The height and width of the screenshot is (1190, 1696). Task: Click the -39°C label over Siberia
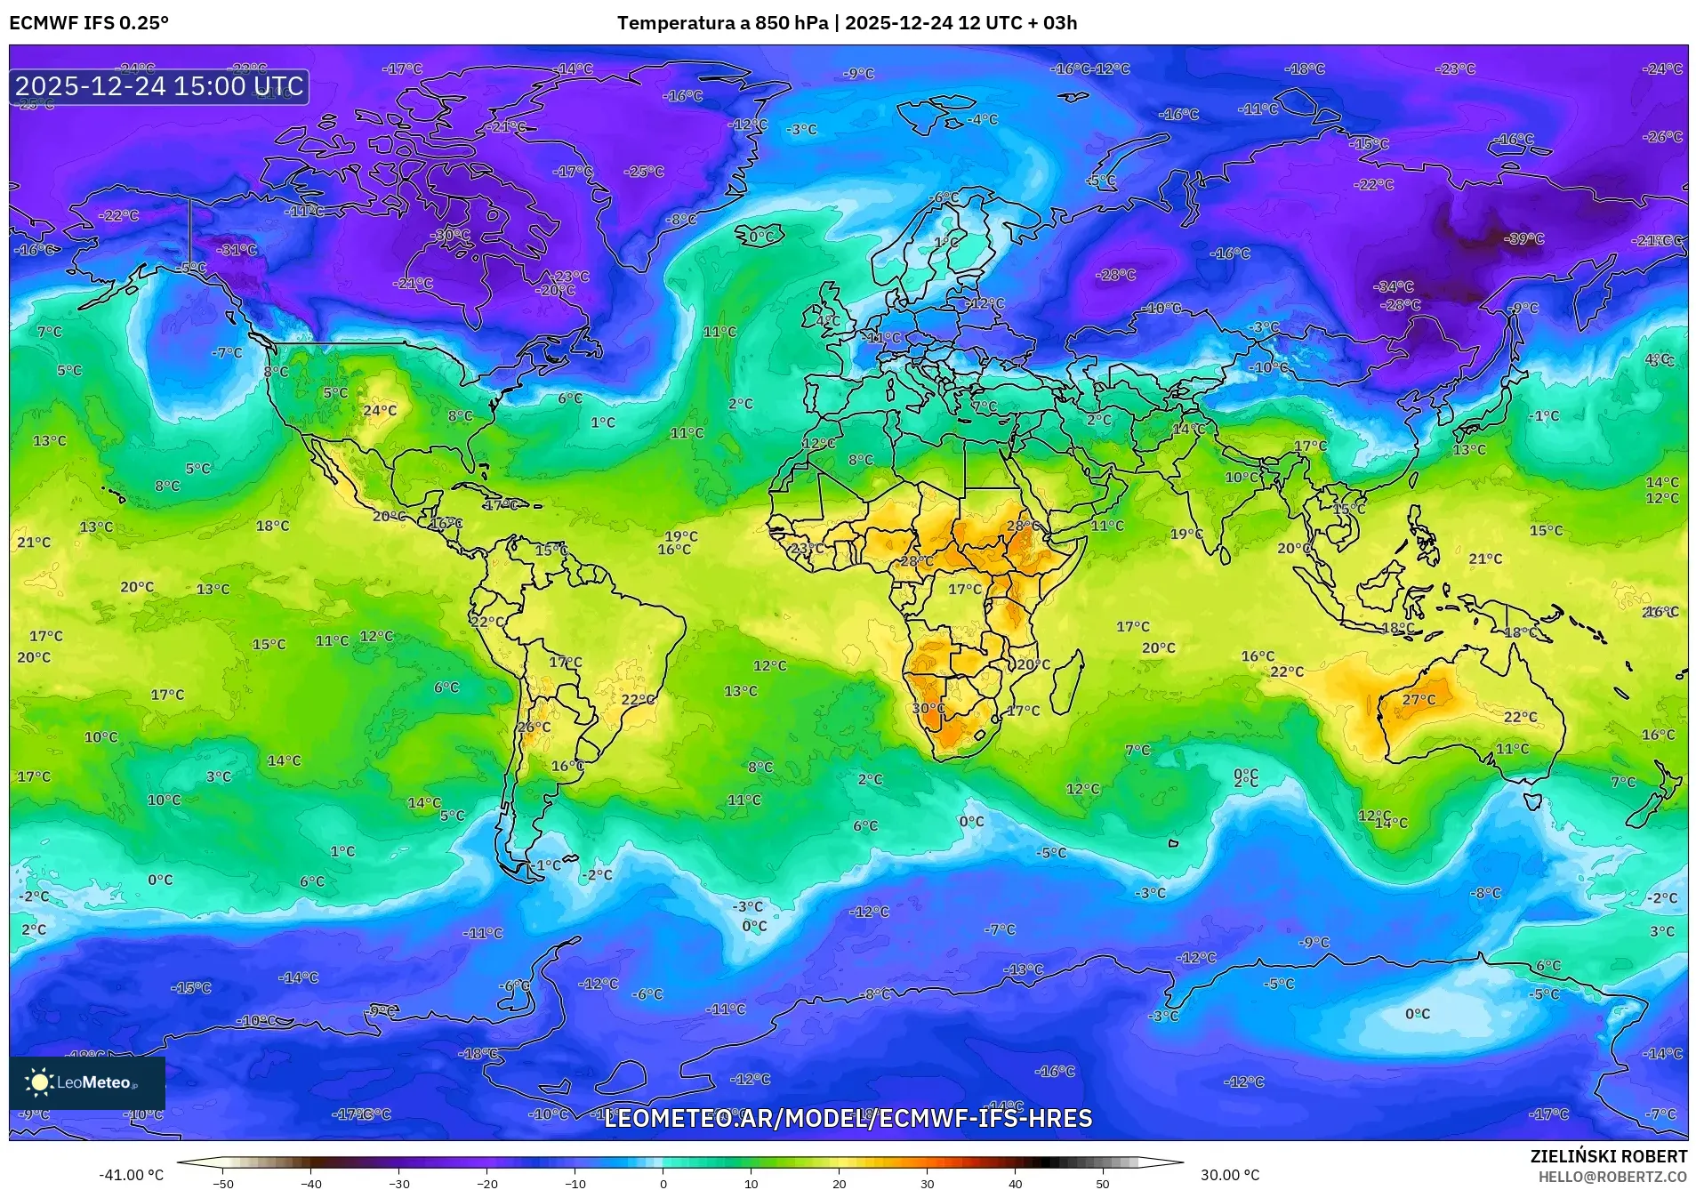pos(1523,238)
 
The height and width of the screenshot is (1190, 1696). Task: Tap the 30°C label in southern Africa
pos(928,709)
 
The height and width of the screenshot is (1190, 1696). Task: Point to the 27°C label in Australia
pos(1419,700)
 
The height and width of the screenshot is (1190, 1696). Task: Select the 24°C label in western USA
pos(380,410)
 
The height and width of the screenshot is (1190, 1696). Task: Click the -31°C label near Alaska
pos(237,250)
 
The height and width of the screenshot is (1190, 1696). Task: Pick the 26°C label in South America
pos(534,727)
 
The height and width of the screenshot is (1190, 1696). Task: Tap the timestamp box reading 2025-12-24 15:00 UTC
pos(159,86)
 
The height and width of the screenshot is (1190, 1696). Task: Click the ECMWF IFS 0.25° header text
pos(88,23)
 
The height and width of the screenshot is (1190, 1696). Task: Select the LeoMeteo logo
pos(87,1082)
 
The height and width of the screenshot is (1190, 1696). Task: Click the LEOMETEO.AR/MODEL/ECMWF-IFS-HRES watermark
pos(848,1118)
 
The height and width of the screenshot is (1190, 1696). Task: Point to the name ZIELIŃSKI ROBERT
pos(1608,1156)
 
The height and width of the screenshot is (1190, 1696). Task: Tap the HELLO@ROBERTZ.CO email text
pos(1612,1177)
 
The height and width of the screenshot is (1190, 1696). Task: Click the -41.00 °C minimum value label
pos(131,1175)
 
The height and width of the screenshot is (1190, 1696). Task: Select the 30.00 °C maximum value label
pos(1230,1175)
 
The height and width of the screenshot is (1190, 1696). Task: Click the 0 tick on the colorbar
pos(663,1183)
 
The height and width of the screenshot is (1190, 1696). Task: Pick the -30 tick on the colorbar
pos(399,1183)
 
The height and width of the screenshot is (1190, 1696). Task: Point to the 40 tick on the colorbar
pos(1015,1183)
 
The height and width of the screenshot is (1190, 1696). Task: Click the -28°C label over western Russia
pos(1116,275)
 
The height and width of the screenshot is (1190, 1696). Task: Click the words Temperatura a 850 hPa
pos(721,23)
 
